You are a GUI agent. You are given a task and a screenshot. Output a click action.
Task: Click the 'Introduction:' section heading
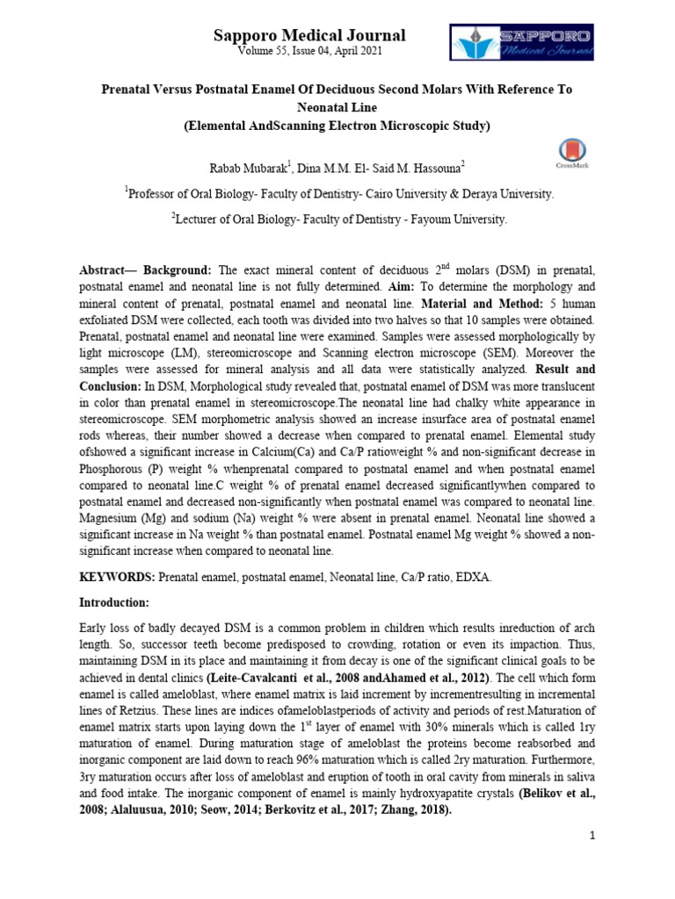[115, 603]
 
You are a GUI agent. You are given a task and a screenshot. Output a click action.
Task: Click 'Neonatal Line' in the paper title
[337, 108]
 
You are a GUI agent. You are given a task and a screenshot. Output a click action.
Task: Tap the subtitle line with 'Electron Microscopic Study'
[337, 126]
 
